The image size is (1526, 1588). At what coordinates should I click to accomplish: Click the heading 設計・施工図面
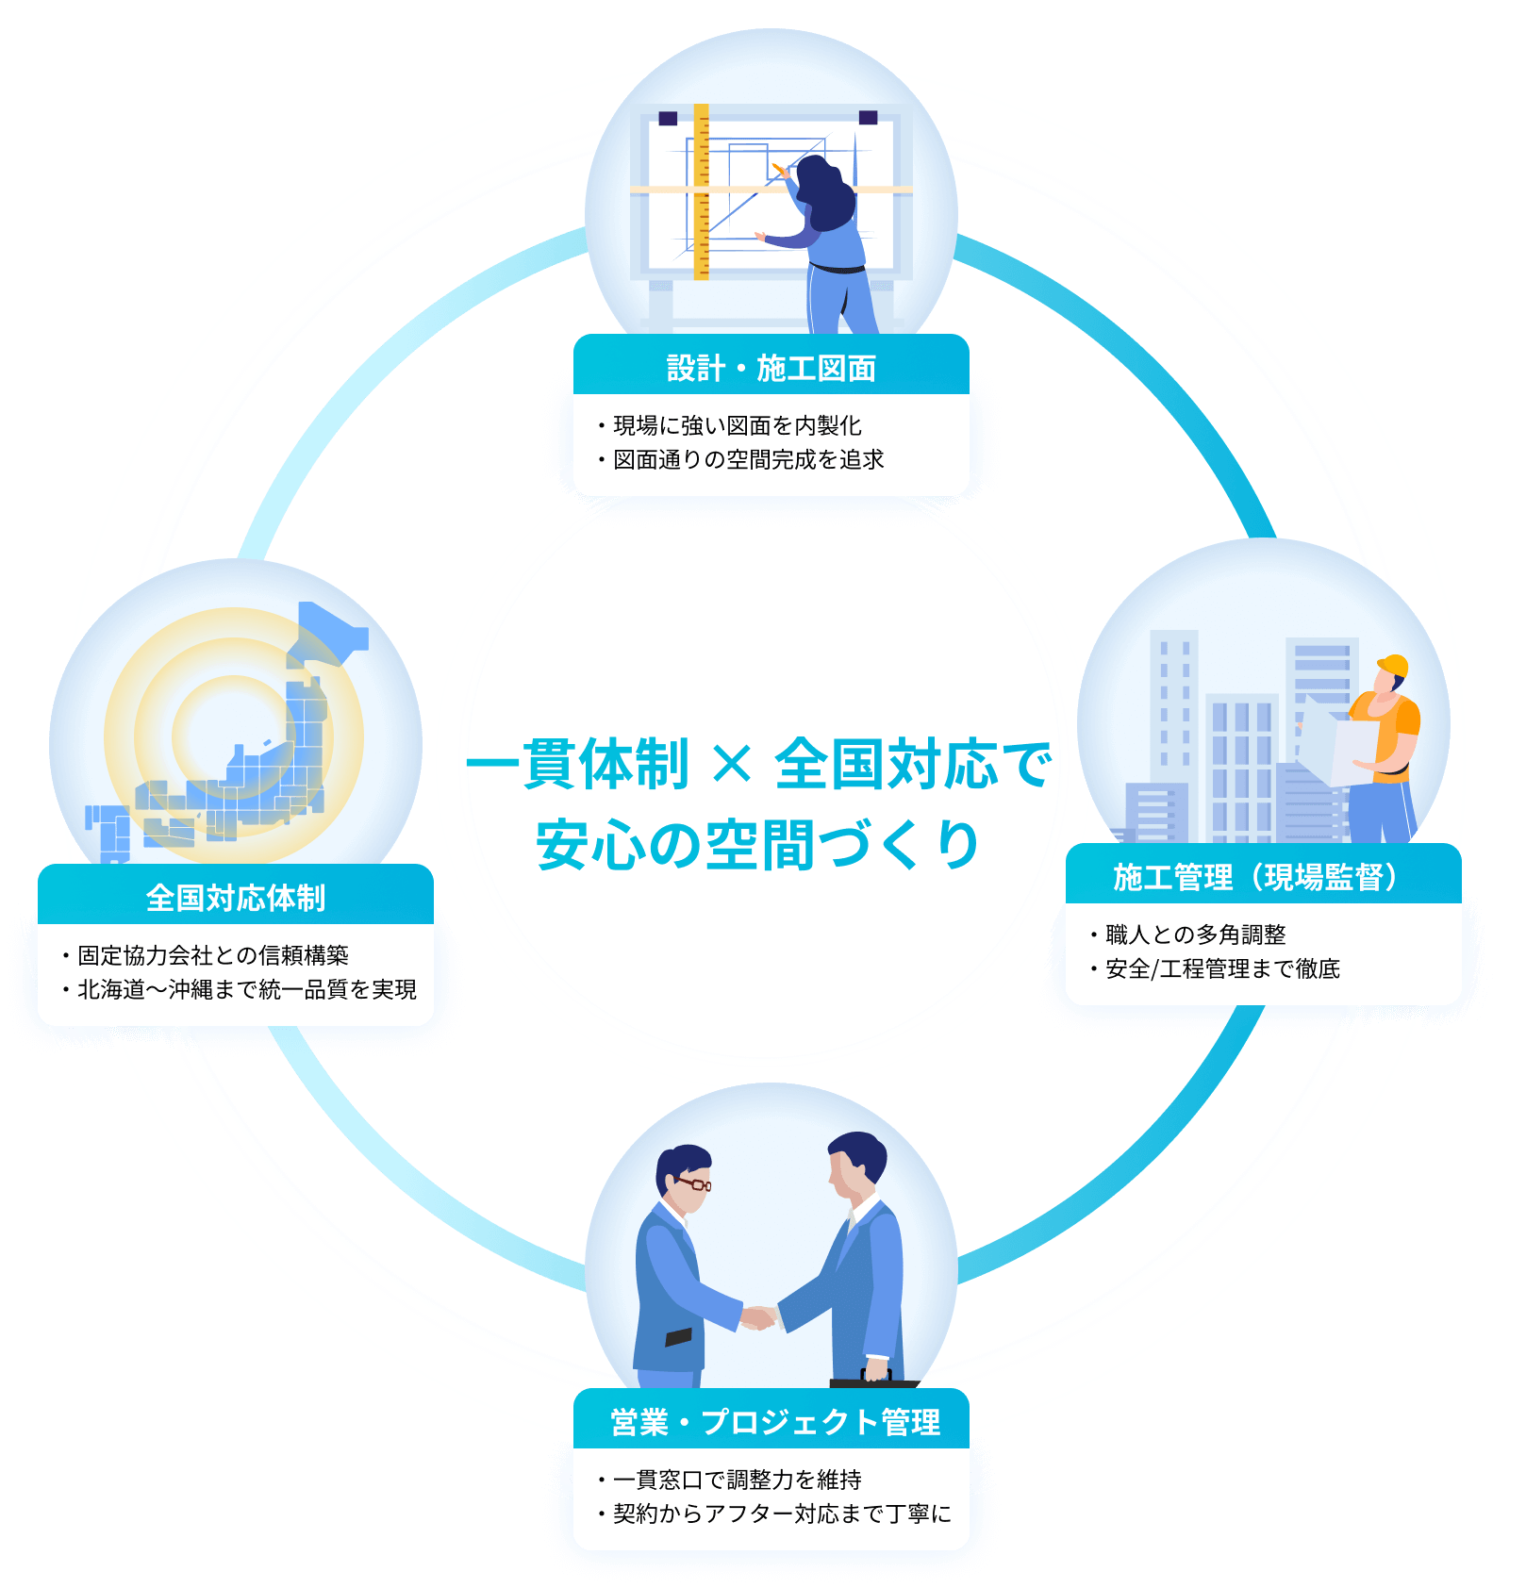point(771,368)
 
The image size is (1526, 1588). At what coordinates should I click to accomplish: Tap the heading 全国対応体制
point(235,898)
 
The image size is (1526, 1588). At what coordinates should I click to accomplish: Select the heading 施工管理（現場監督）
point(1262,877)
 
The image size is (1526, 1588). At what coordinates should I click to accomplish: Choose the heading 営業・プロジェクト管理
point(774,1422)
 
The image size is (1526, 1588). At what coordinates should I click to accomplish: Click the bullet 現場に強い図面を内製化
point(737,425)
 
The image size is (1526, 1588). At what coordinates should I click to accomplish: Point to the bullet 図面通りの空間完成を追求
point(748,459)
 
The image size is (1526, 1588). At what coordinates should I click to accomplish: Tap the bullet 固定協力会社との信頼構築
point(212,955)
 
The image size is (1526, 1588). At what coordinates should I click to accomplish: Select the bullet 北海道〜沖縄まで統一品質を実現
point(246,989)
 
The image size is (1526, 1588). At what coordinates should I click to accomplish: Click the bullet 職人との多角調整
point(1195,935)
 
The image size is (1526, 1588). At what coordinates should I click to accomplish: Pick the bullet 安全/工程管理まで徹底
point(1222,968)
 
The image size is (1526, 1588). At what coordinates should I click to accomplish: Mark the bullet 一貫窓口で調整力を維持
point(737,1480)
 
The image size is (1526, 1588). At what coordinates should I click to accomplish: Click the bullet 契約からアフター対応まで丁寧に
point(782,1514)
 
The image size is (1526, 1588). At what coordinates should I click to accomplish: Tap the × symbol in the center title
point(732,764)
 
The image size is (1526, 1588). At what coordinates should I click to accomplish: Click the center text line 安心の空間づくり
point(758,844)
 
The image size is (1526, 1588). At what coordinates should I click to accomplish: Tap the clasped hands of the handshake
point(757,1316)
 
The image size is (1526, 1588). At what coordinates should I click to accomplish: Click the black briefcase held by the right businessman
point(873,1382)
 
